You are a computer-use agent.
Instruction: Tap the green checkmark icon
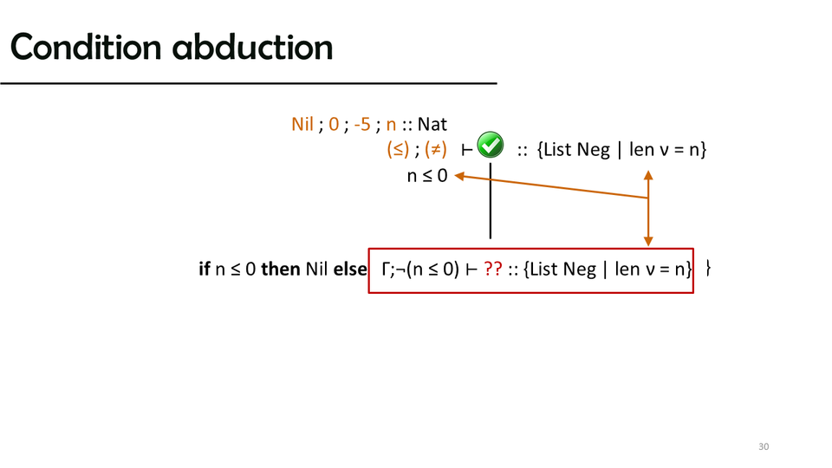coord(491,145)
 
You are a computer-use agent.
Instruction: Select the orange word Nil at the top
coord(302,124)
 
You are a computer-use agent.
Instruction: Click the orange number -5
coord(362,124)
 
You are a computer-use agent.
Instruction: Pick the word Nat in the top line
coord(432,124)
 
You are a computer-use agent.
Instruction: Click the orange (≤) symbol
coord(398,150)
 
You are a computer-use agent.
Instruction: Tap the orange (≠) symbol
coord(436,150)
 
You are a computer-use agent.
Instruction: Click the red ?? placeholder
coord(493,269)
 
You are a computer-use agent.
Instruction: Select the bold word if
coord(205,269)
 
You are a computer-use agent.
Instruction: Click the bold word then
coord(281,269)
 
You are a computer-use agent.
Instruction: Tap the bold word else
coord(349,269)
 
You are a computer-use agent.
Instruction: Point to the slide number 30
coord(764,447)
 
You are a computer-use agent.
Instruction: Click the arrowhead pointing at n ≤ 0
coord(459,176)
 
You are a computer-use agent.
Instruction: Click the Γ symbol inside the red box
coord(385,269)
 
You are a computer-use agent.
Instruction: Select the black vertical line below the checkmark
coord(491,201)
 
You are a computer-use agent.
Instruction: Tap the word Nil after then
coord(317,269)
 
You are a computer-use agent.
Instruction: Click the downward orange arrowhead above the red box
coord(648,242)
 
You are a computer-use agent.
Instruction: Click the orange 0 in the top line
coord(334,124)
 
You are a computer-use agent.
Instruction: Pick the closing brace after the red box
coord(708,269)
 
